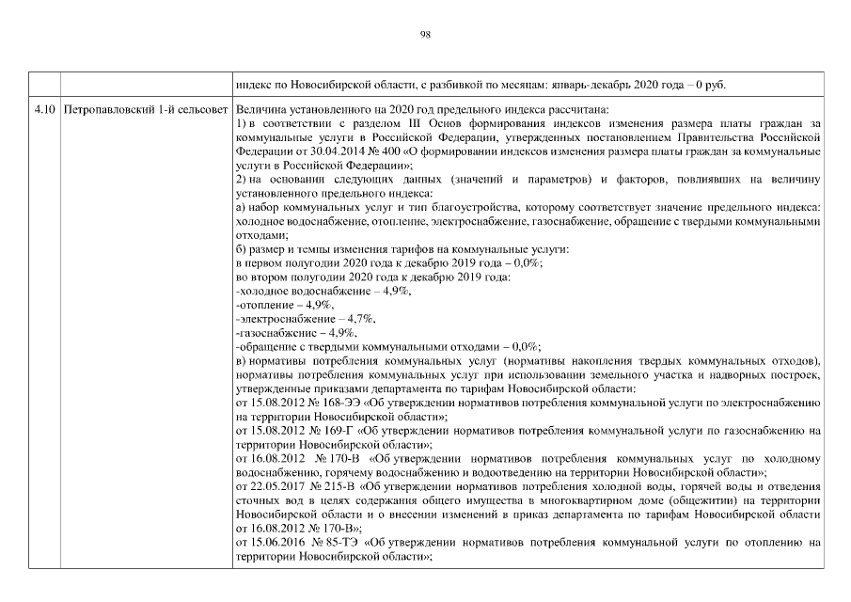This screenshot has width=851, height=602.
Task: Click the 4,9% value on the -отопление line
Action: click(x=320, y=307)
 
